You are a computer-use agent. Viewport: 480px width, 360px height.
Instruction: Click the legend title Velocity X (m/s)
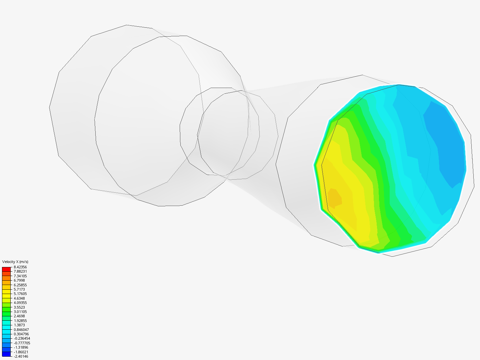tap(15, 262)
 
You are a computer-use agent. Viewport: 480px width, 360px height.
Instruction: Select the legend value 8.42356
tap(20, 267)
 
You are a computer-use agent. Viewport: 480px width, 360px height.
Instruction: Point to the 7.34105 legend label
tap(20, 276)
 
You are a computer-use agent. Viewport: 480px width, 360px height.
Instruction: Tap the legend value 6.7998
tap(19, 280)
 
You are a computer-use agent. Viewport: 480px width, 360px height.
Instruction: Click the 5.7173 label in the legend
tap(19, 289)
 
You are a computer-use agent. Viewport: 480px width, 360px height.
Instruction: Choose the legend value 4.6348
tap(19, 298)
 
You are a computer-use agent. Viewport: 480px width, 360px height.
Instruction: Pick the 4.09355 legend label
tap(20, 303)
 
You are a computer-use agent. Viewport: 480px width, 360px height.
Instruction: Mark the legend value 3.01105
tap(20, 311)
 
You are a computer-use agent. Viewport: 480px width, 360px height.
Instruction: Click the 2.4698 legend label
tap(19, 316)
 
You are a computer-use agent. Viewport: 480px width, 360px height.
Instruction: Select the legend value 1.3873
tap(19, 325)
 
